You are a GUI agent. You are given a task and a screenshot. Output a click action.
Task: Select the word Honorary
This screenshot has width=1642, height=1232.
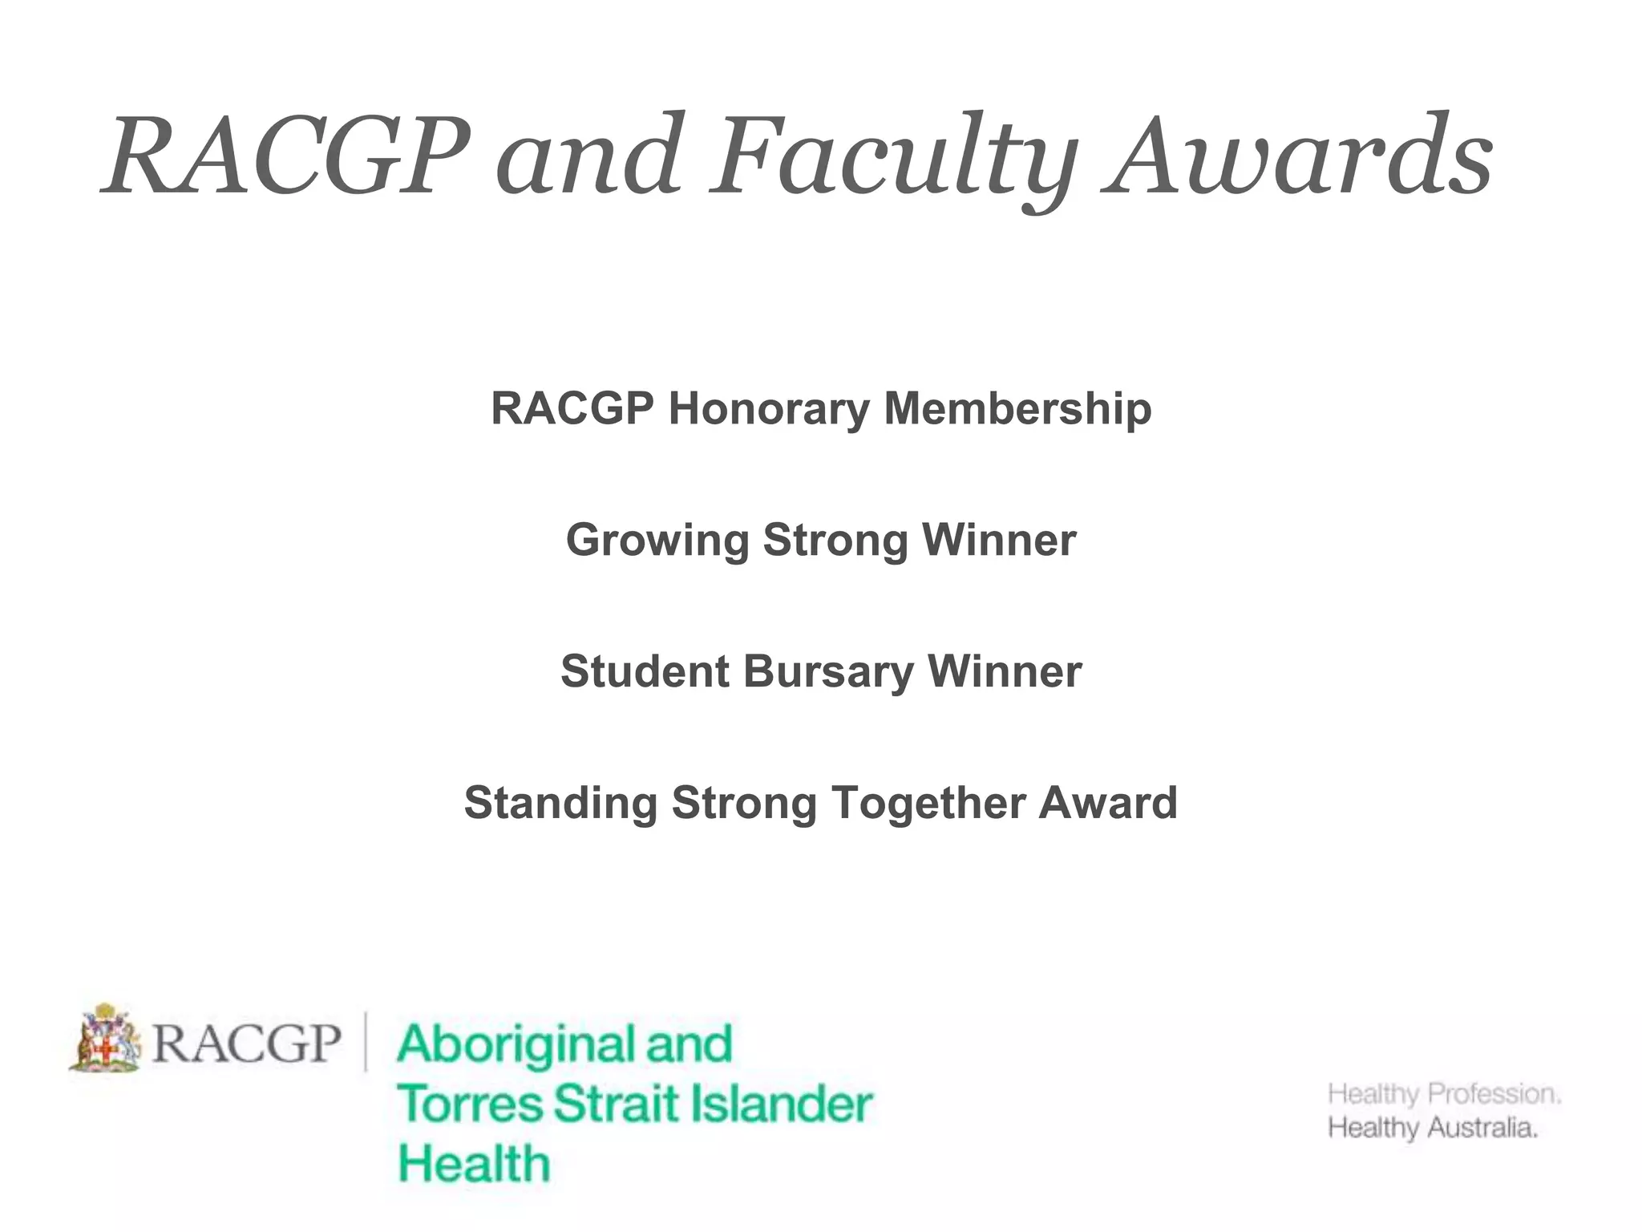(769, 409)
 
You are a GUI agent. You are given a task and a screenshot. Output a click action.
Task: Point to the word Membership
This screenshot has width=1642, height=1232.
(1017, 409)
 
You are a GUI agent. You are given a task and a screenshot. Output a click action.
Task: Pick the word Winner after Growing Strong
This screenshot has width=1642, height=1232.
(999, 541)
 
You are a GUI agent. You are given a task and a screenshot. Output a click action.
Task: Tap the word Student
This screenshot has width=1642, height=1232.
(645, 671)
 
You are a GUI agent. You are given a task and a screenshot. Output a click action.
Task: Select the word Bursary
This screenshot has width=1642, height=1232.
(828, 672)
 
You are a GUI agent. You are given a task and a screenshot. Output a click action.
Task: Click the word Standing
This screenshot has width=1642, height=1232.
(560, 803)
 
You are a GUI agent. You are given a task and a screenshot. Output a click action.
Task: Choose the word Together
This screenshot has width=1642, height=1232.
(927, 804)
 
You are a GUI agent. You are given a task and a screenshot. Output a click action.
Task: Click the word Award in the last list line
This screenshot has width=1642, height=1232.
(1108, 803)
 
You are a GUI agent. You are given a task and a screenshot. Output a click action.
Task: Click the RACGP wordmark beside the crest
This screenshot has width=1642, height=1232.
(246, 1043)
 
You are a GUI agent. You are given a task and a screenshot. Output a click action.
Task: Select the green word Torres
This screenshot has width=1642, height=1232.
(469, 1104)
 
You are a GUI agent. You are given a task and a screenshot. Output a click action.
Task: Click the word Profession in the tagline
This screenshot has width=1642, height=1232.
(1494, 1093)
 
